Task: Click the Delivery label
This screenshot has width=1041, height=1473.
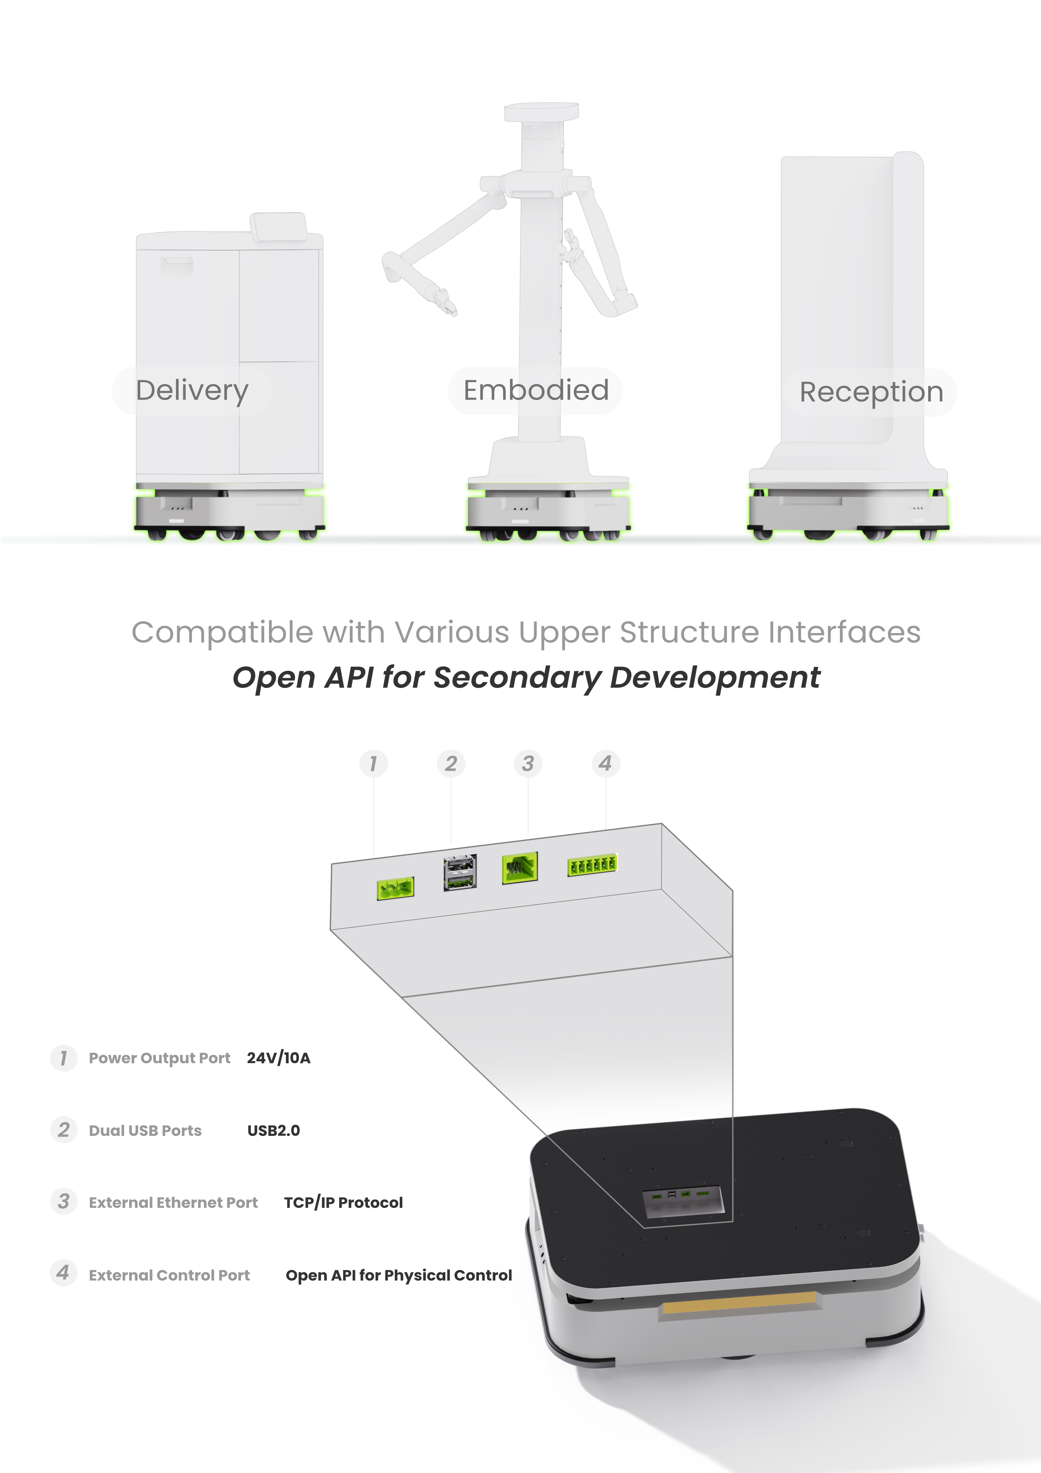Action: pos(192,391)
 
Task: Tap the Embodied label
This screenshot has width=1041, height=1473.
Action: pos(536,390)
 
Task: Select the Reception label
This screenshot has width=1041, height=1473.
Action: pos(871,391)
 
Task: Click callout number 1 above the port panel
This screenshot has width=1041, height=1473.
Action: pos(373,763)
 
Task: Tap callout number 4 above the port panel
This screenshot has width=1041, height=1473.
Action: pos(605,763)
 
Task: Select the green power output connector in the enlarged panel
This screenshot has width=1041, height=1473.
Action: pos(395,889)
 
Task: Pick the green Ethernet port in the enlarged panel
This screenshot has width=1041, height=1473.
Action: pos(519,868)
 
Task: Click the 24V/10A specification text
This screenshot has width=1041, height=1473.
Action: pos(278,1058)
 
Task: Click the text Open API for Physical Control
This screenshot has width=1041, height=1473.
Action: pos(399,1276)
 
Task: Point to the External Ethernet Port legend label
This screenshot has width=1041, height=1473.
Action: pos(173,1203)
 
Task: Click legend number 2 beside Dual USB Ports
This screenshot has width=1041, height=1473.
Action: pos(64,1130)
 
